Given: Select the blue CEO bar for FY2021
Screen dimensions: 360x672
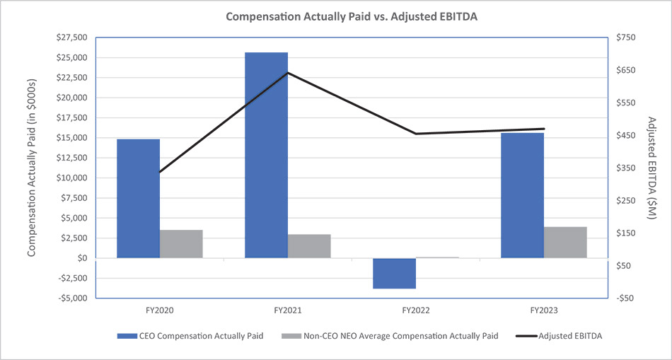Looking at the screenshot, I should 266,155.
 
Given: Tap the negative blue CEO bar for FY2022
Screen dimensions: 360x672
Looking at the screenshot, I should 394,273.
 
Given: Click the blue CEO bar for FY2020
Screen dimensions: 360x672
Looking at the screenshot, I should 138,199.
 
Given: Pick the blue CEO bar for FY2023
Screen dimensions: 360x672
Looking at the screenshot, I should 522,195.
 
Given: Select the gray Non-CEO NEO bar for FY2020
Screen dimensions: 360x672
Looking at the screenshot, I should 181,244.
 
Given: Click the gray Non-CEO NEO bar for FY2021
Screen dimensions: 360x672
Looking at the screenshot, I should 309,246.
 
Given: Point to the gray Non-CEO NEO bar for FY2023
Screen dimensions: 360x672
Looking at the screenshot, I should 565,243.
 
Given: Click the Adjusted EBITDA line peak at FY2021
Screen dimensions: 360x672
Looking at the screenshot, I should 288,73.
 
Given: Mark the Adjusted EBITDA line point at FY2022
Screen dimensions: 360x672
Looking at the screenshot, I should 416,134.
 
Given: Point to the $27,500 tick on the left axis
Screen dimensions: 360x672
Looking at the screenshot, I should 71,37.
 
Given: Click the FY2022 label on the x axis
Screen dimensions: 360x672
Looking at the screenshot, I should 416,310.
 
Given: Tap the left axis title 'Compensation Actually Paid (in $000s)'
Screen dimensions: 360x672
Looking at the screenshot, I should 32,168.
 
